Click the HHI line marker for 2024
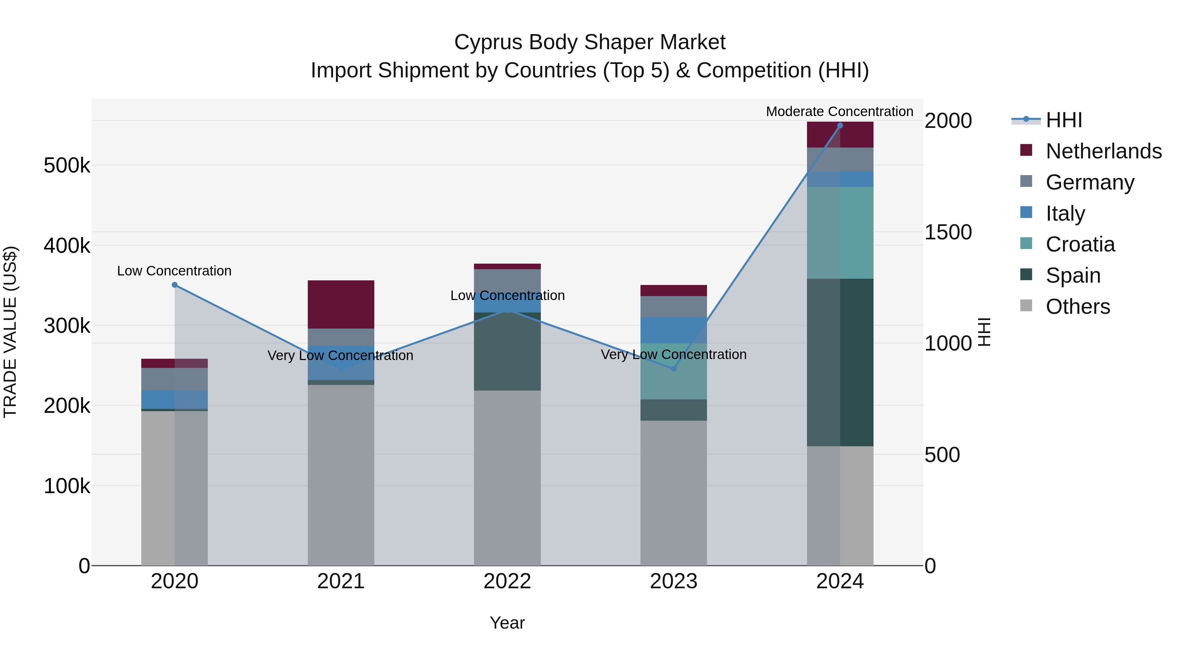(840, 126)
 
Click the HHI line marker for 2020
(174, 285)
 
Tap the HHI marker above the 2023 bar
(673, 369)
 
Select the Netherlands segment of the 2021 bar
(341, 304)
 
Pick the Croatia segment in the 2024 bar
(840, 233)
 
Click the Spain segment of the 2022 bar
(507, 352)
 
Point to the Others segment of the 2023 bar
(673, 493)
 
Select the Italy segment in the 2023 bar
(673, 330)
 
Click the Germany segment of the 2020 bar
(174, 379)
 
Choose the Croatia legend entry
(1080, 244)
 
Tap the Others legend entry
(1077, 307)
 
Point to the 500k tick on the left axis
(67, 166)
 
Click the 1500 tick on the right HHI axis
(948, 232)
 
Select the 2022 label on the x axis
(507, 581)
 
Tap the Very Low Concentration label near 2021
(340, 355)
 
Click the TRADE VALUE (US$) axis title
(10, 332)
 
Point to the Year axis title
(507, 623)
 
